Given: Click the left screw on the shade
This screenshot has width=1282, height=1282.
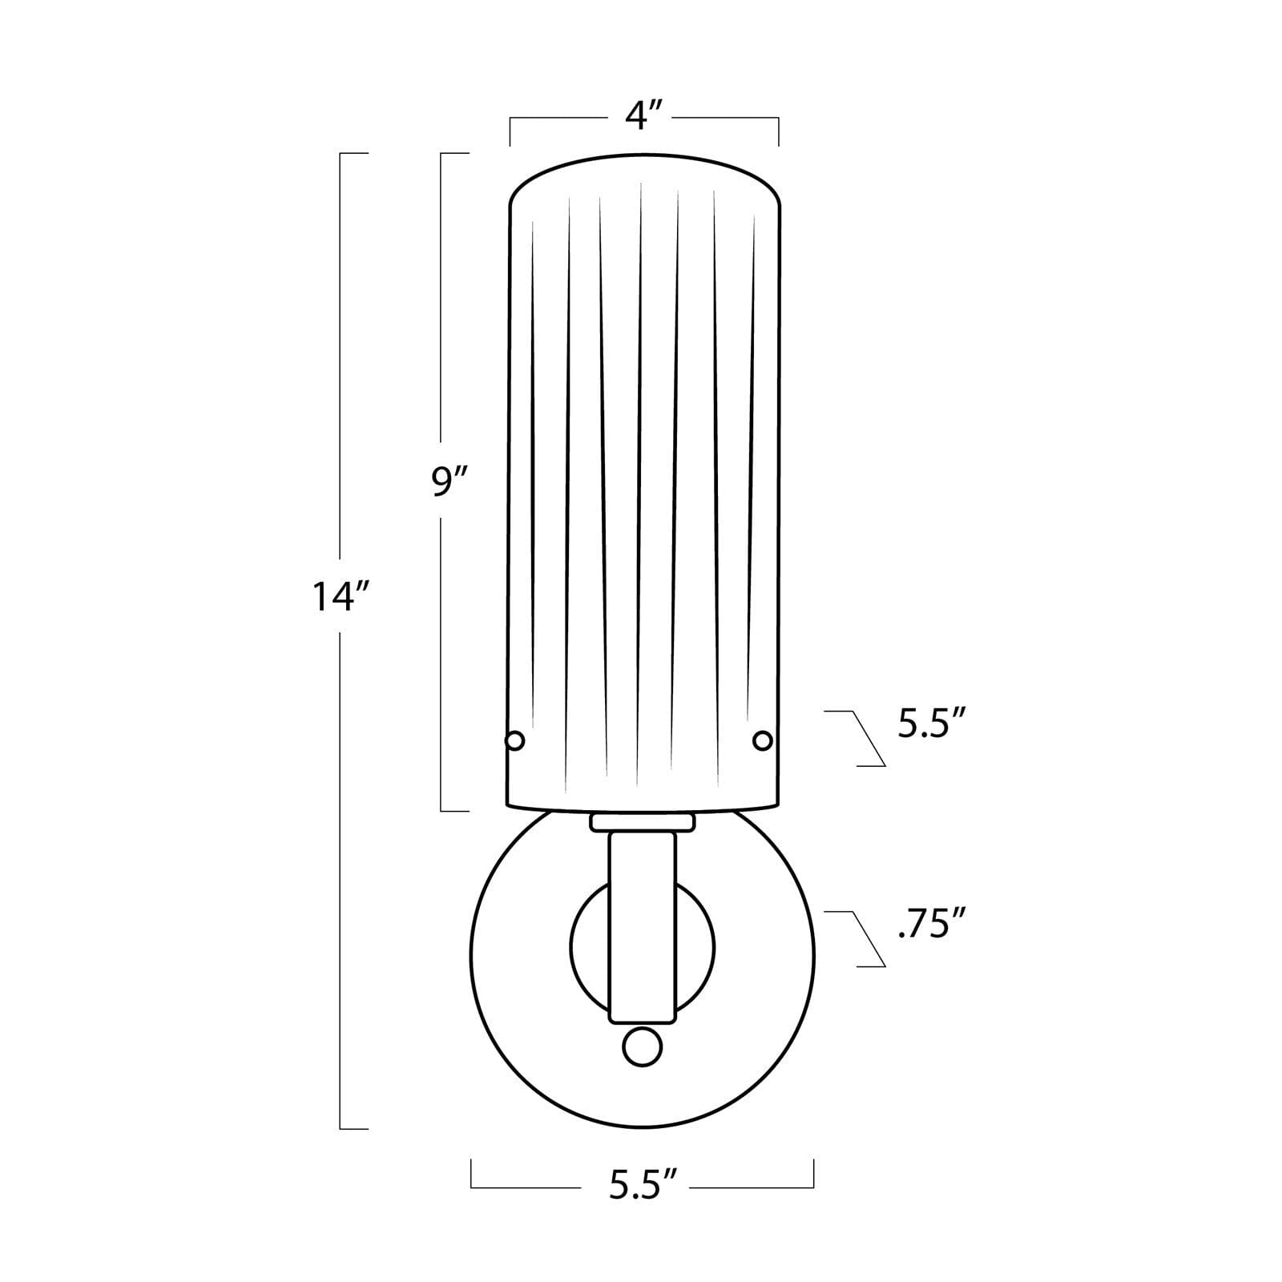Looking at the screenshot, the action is click(515, 740).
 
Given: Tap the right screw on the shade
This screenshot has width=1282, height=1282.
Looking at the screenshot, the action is click(763, 740).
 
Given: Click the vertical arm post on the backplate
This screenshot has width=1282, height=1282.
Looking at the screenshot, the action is click(643, 927).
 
